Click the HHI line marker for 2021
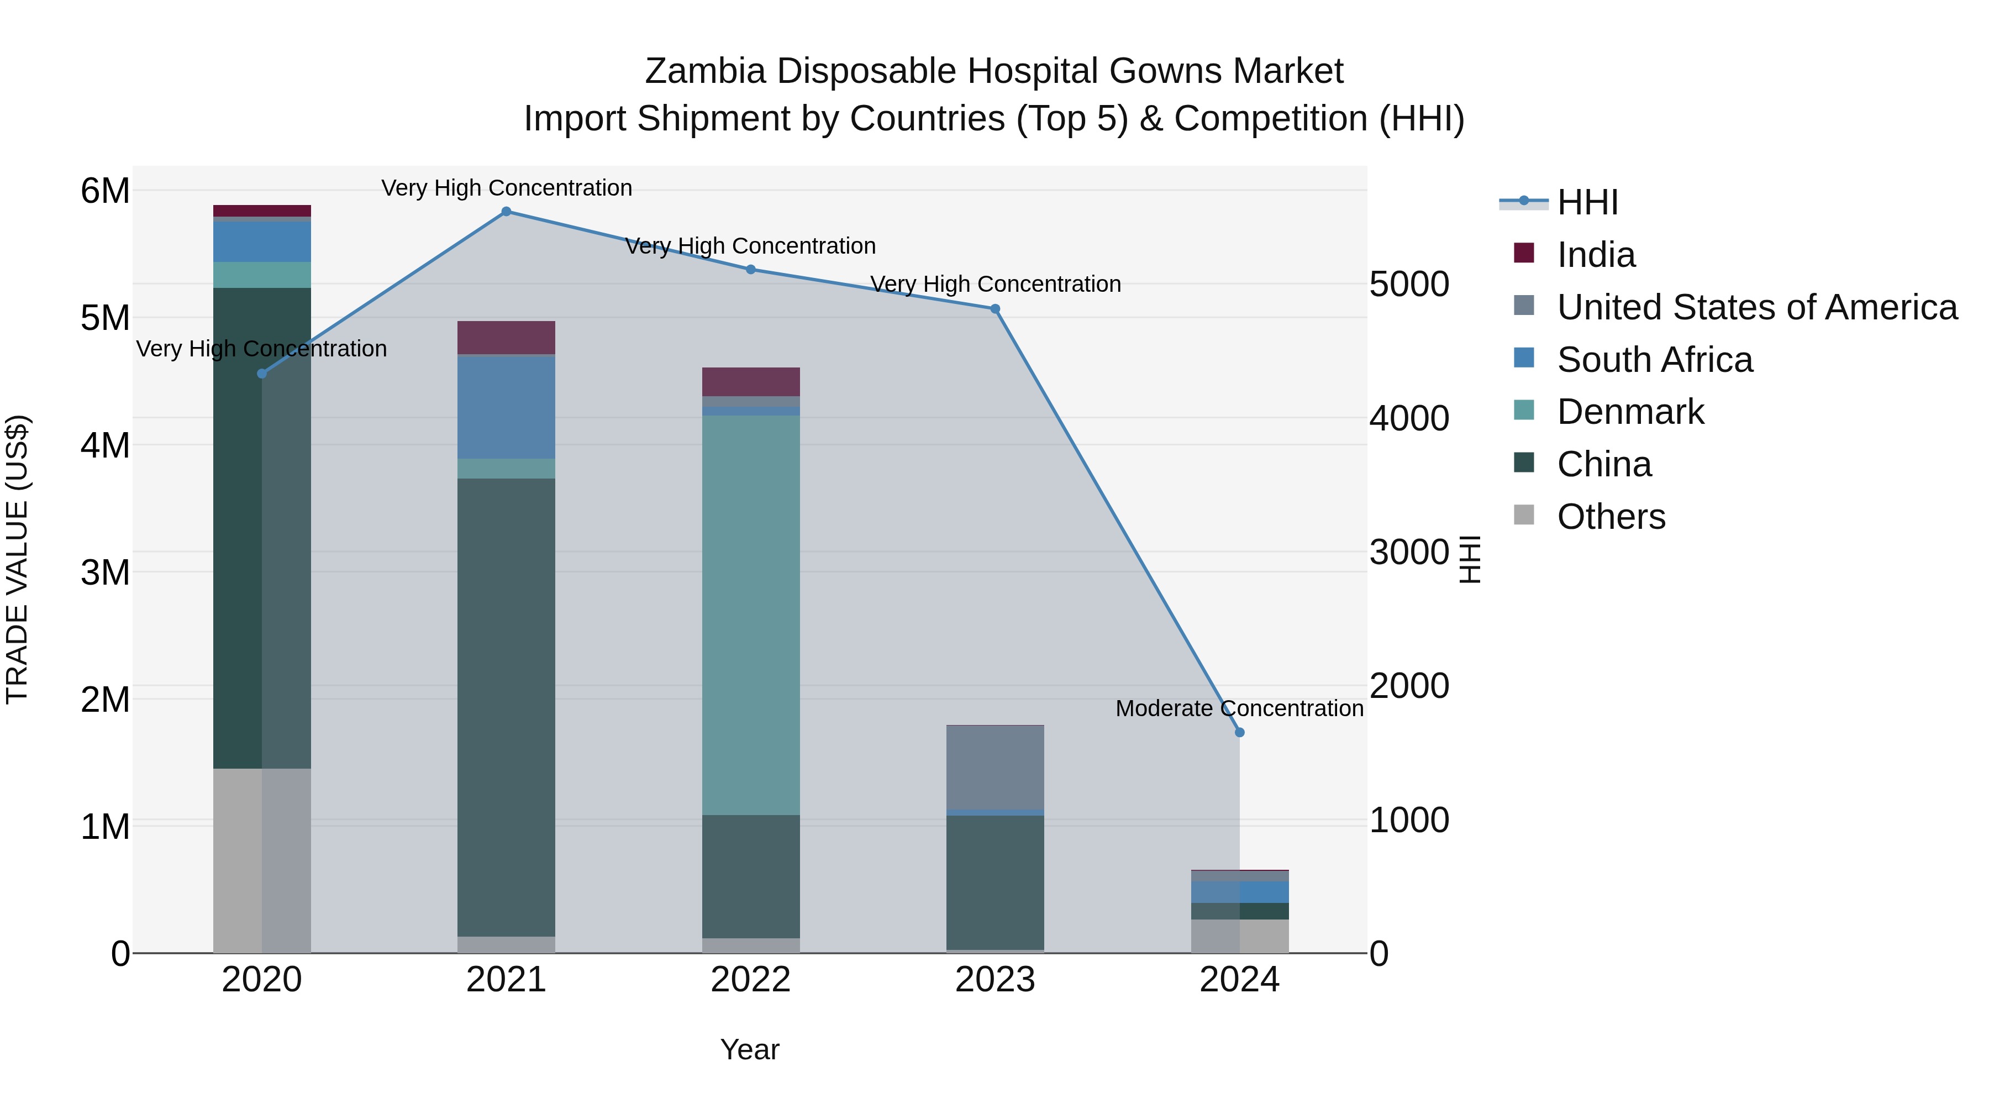[506, 212]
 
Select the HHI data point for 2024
[1239, 732]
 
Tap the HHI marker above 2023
[994, 309]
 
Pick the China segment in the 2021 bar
[506, 707]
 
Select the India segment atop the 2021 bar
[506, 338]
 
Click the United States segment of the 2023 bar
[994, 768]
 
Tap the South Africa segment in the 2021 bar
[506, 407]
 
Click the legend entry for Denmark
[1630, 412]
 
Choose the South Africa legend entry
[1654, 360]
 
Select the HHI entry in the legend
[1587, 202]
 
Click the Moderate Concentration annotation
[1239, 708]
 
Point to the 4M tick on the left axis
[105, 445]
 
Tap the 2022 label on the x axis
[750, 980]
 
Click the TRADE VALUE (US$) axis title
[18, 559]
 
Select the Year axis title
[749, 1049]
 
